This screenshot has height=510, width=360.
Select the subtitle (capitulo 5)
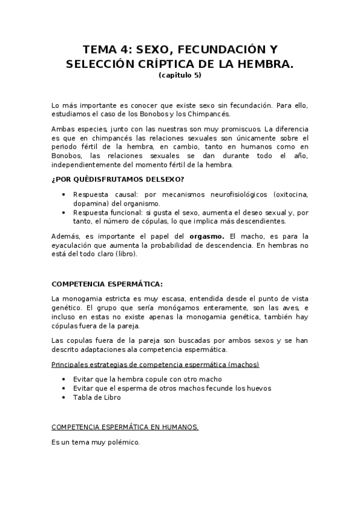point(180,75)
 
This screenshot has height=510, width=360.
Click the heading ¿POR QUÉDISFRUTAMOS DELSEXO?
point(118,180)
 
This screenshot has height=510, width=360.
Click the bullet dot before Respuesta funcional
point(64,212)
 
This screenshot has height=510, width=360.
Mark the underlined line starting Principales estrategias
point(155,364)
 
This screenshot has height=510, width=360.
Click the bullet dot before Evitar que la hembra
point(64,379)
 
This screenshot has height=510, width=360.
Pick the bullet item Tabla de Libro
point(97,397)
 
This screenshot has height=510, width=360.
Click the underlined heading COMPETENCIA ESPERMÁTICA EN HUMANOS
point(125,427)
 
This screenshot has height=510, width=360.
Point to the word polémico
point(123,442)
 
